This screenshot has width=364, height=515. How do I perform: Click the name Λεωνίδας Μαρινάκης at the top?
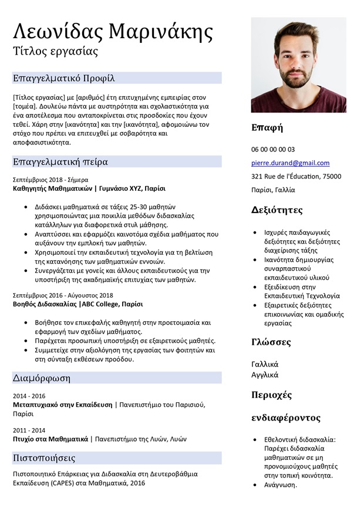[113, 30]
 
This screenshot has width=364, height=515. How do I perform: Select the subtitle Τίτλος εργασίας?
[55, 51]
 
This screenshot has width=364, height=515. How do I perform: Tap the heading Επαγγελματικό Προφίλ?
[63, 78]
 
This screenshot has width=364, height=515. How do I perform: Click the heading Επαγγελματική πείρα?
[60, 161]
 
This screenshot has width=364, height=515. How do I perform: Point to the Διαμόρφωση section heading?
[41, 378]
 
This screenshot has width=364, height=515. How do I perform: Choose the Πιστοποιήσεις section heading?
[44, 457]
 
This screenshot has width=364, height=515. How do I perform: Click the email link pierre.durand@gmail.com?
[290, 163]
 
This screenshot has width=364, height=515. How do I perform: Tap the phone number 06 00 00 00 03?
[273, 149]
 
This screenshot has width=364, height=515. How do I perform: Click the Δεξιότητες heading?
[277, 210]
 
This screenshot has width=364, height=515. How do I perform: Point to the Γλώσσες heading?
[271, 342]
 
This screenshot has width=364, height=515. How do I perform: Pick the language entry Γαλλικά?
[265, 363]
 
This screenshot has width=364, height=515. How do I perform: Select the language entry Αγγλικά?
[265, 375]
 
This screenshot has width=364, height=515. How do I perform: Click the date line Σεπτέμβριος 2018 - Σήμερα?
[50, 180]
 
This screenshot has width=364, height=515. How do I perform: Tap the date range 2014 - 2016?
[29, 396]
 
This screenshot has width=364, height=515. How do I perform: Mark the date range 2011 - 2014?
[29, 430]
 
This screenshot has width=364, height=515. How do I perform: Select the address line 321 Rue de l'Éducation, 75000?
[296, 176]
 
